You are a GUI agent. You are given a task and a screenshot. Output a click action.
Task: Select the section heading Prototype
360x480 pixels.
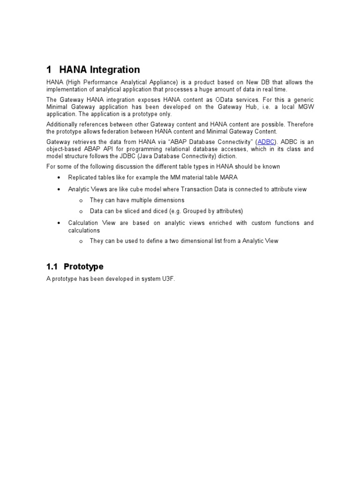(83, 267)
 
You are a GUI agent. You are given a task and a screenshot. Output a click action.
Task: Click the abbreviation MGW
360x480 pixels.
(305, 107)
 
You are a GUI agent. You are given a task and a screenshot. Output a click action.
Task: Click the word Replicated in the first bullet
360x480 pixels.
(82, 178)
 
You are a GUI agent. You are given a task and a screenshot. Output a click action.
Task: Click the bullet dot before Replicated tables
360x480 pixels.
(58, 178)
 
